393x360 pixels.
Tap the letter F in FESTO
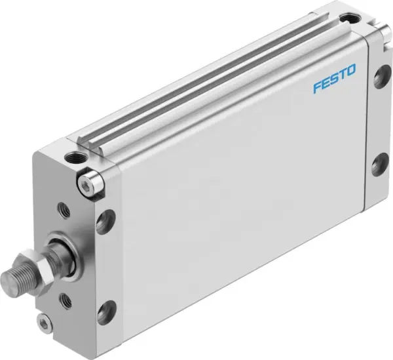coord(316,89)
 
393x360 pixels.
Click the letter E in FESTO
coord(325,86)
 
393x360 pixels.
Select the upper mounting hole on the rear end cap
coord(379,77)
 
